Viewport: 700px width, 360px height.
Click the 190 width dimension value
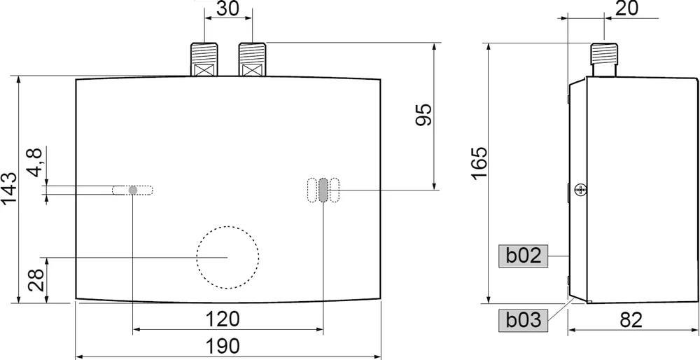[x=224, y=345]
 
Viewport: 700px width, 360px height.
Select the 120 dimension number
[x=224, y=319]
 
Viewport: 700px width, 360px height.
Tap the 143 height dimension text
[x=10, y=189]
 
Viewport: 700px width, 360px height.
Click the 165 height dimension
[x=479, y=162]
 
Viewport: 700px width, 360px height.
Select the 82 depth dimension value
[x=631, y=319]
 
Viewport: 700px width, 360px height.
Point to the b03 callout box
[x=524, y=320]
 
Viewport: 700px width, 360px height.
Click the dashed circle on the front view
[x=227, y=258]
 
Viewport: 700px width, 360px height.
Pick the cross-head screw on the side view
[x=581, y=189]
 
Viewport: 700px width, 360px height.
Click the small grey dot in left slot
[x=133, y=190]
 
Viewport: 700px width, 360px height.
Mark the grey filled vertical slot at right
[x=323, y=190]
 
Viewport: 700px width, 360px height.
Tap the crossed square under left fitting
[x=204, y=70]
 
